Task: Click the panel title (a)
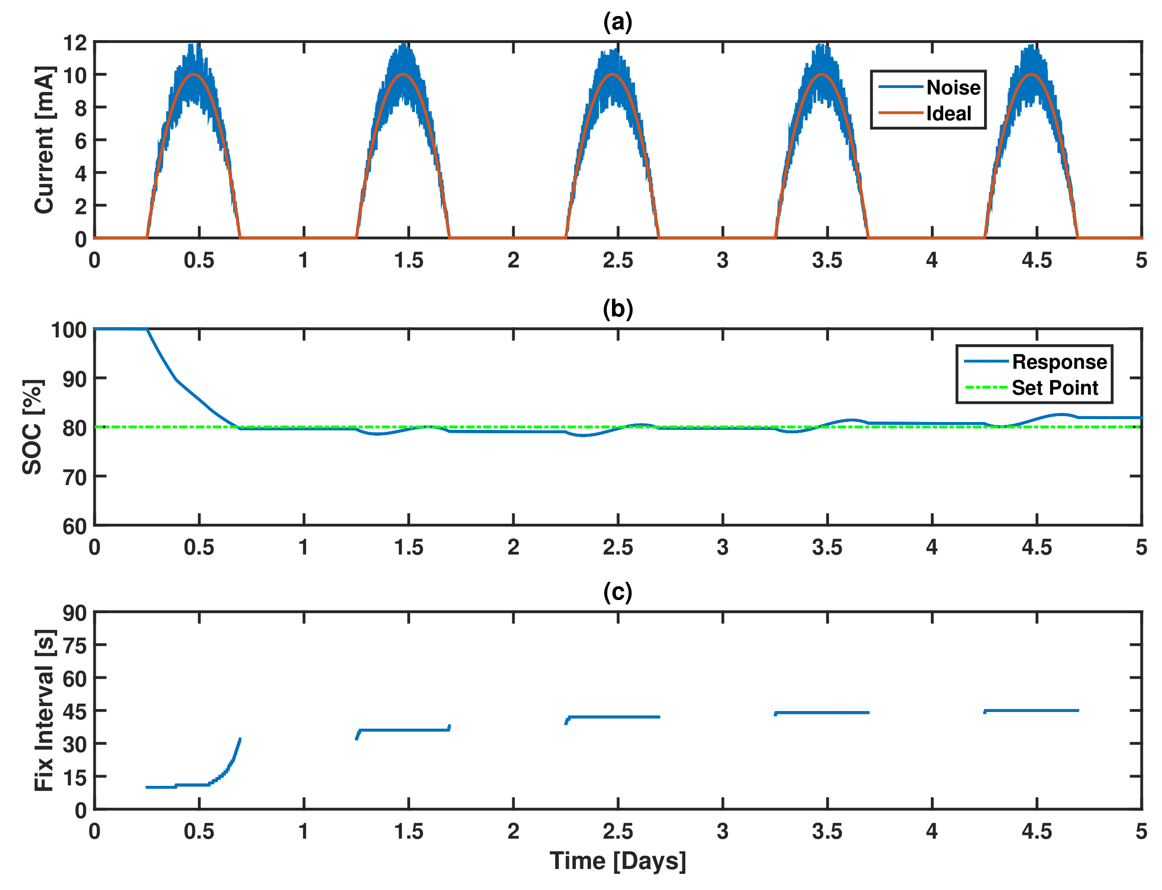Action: coord(617,22)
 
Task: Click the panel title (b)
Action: coord(617,309)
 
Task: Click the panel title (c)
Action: coord(617,592)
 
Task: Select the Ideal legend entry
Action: coord(948,113)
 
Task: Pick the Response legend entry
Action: coord(1059,362)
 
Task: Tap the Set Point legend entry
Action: coord(1054,388)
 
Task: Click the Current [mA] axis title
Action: coord(44,140)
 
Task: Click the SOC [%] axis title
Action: coord(32,427)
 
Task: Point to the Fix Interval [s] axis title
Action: coord(44,711)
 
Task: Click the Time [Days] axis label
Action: coord(617,861)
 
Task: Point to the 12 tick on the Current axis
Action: coord(75,43)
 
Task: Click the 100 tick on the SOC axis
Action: coord(69,330)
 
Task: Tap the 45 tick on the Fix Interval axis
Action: coord(75,712)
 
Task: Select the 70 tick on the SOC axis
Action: coord(75,477)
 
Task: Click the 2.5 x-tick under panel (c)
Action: coord(617,831)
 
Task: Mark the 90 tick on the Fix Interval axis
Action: coord(75,613)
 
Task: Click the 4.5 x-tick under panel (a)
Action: coord(1036,260)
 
